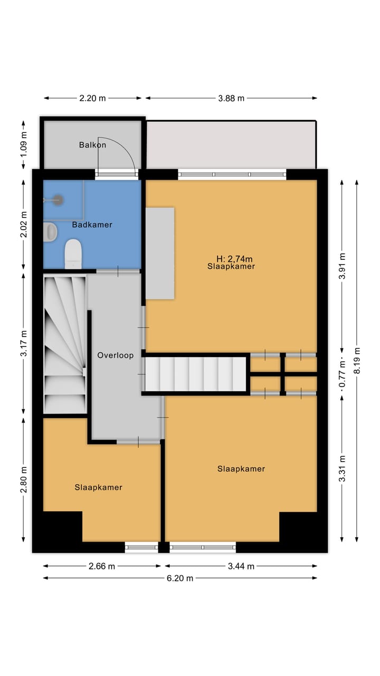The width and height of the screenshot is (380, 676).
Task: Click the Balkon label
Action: (92, 145)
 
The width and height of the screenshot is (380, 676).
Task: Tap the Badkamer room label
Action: (92, 224)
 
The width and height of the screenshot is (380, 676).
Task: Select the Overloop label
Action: (115, 355)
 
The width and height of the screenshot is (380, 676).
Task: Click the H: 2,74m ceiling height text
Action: (234, 259)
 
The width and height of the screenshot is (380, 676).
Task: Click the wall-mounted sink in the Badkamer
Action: (51, 232)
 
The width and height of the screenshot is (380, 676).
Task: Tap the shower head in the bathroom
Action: (58, 200)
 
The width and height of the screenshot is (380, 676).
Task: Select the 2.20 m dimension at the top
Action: (92, 98)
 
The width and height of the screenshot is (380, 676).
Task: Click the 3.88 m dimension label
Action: (231, 98)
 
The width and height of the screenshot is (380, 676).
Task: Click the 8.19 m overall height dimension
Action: (357, 361)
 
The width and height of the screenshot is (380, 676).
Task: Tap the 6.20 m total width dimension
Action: (180, 578)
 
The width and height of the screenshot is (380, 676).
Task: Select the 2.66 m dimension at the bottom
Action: (102, 566)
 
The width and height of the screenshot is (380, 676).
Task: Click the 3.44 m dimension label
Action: (241, 566)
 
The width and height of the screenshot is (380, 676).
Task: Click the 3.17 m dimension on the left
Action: (23, 343)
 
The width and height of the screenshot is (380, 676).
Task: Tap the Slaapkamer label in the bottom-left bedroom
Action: (98, 487)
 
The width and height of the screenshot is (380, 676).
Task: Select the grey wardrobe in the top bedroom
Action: (160, 253)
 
